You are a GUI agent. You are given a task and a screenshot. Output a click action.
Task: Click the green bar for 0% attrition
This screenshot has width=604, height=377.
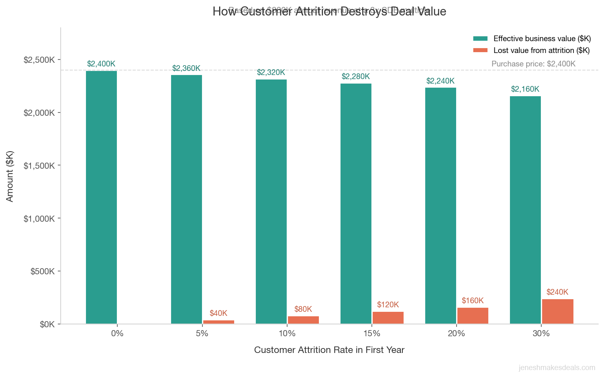point(101,198)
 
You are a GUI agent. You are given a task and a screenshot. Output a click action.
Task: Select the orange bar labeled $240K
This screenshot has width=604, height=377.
point(558,312)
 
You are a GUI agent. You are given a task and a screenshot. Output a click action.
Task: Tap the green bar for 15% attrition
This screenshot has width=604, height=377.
point(356,204)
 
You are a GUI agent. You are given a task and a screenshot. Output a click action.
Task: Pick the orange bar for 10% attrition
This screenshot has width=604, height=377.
point(303,320)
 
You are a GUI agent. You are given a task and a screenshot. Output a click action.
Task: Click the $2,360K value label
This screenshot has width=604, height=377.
point(186,68)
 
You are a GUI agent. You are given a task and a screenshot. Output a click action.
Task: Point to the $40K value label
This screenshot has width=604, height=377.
point(218,313)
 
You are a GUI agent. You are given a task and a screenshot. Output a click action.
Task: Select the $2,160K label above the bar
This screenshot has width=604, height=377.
point(525,89)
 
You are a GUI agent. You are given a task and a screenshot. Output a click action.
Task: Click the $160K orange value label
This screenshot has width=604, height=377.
point(472,301)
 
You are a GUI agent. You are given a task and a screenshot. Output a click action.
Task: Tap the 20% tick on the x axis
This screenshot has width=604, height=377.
point(456,333)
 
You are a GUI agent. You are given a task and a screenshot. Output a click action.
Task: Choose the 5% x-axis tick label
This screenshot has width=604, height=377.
point(202,333)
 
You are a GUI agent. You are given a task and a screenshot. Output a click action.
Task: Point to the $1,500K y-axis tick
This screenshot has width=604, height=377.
point(39,166)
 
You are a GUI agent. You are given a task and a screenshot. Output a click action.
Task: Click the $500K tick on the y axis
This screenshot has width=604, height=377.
point(42,271)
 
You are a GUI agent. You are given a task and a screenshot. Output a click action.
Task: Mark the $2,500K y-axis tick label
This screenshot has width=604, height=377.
point(39,60)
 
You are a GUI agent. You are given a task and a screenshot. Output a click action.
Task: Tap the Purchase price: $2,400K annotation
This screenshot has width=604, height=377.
point(533,64)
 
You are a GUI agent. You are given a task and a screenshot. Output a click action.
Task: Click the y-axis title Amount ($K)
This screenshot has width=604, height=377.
point(10,176)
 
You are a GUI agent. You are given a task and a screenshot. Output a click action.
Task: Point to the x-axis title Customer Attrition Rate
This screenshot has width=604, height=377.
point(329,350)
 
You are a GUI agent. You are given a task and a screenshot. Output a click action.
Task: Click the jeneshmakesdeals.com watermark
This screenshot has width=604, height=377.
point(557,368)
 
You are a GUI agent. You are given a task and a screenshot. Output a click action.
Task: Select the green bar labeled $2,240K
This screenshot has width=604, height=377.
point(441,206)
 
